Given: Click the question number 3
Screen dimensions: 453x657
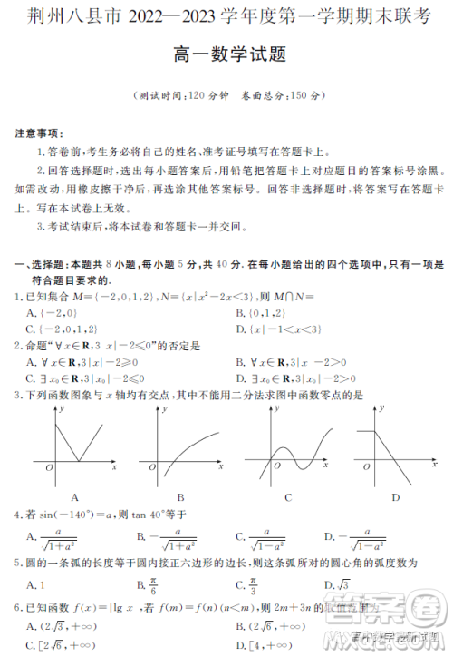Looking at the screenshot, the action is (x=18, y=395).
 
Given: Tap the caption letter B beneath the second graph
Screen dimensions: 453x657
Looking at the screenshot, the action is (x=181, y=497).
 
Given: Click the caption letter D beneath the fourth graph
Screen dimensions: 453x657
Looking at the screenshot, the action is (x=396, y=497).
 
